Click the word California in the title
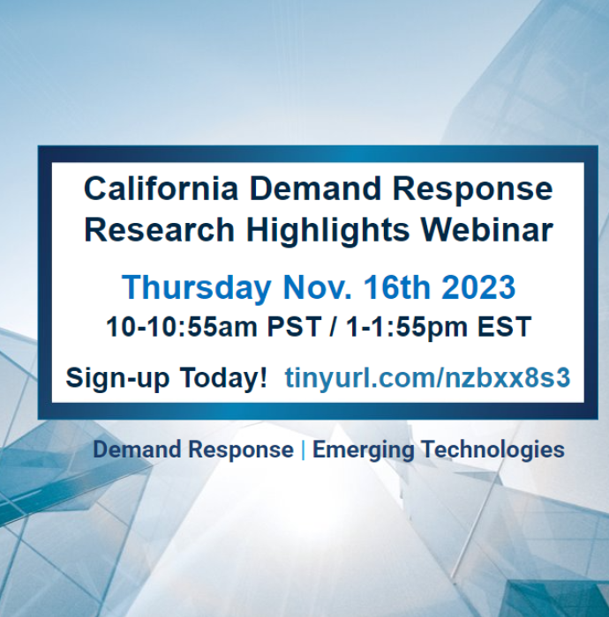[161, 189]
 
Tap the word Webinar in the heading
[487, 229]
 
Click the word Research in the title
[159, 229]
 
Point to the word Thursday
[197, 288]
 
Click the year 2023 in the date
[478, 286]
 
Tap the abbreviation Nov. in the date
[317, 286]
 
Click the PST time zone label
[294, 327]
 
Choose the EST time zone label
[505, 327]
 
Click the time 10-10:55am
[181, 327]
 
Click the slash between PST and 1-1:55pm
[334, 327]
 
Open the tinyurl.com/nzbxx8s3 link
[427, 378]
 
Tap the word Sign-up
[117, 378]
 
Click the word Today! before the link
[223, 377]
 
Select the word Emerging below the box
[363, 450]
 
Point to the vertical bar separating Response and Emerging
[303, 450]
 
